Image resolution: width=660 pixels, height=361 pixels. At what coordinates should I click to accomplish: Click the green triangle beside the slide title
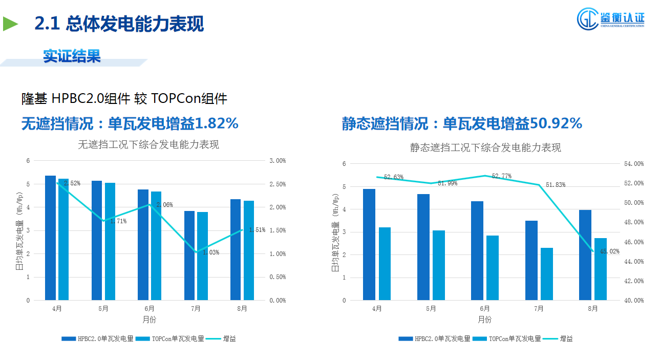point(10,24)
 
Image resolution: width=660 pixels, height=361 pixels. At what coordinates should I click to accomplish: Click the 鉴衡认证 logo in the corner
point(610,19)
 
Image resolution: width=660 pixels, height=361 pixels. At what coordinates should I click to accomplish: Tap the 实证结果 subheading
point(72,56)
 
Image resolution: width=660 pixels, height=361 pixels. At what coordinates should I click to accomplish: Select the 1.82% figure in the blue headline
point(217,123)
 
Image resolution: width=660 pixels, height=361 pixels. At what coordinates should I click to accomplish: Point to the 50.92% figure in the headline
point(556,123)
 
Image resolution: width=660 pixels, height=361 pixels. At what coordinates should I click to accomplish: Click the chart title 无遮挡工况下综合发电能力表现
point(148,145)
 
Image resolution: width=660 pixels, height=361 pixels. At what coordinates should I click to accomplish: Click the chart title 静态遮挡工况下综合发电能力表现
point(485,148)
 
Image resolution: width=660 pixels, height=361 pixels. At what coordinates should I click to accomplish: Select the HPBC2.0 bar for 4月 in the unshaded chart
point(50,238)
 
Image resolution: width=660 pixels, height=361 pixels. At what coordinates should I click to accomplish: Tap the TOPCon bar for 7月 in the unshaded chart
point(203,256)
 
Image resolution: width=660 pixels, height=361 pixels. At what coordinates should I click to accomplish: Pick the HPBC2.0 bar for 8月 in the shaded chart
point(585,255)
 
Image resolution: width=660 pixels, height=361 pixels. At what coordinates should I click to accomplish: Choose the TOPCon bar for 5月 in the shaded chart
point(439,265)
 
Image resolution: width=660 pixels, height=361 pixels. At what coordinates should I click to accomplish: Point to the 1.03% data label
point(211,252)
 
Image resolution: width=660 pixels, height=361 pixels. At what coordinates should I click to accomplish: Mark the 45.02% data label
point(609,251)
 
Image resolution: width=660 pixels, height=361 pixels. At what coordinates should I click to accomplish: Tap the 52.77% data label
point(501,176)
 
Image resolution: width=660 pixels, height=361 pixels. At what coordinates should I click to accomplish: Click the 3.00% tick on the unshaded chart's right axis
point(278,161)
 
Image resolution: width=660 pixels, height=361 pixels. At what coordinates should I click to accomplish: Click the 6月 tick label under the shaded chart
point(485,309)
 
